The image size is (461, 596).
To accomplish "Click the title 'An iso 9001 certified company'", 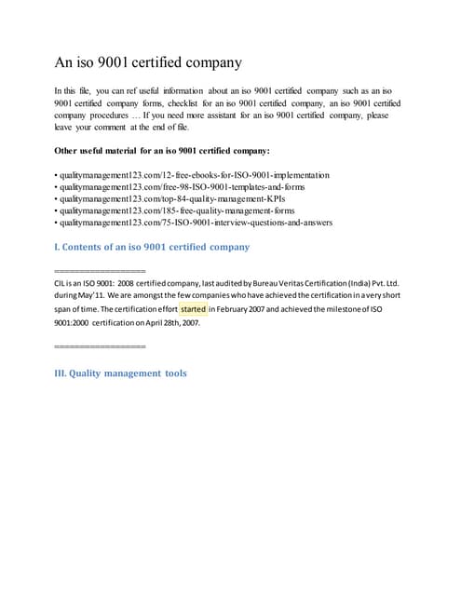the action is (148, 63).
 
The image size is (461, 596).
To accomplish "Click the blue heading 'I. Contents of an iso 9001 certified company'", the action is (153, 247).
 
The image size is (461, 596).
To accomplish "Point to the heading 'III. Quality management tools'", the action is (121, 373).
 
